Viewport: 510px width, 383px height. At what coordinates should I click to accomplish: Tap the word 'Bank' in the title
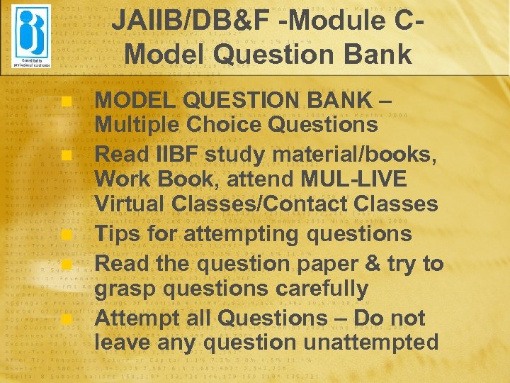point(375,54)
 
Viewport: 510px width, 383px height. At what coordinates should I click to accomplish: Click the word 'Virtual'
point(132,204)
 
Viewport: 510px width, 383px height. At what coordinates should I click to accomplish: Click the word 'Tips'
point(118,233)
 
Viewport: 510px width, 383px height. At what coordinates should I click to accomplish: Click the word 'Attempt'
point(137,318)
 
